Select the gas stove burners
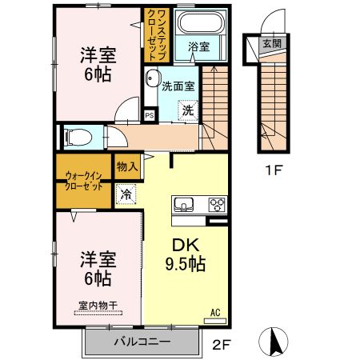(x=217, y=204)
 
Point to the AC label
(x=214, y=312)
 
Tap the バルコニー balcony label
(x=141, y=342)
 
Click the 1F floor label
(x=274, y=169)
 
